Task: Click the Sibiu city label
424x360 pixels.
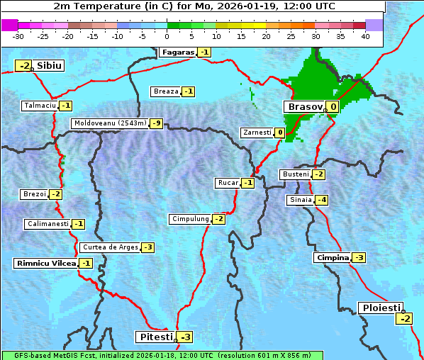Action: (x=50, y=66)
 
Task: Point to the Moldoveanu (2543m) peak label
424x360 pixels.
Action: (x=109, y=123)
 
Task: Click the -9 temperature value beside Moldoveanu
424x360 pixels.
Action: (x=156, y=123)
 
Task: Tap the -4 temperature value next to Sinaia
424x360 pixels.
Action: (x=321, y=200)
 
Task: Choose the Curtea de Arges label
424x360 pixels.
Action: (x=109, y=247)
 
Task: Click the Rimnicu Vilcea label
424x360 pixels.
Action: (x=45, y=263)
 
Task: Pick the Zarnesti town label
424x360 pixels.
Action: (x=257, y=133)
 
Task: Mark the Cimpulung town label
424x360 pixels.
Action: (x=190, y=219)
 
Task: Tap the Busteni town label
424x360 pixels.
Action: (x=295, y=174)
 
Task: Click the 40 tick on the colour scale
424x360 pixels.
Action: (x=365, y=35)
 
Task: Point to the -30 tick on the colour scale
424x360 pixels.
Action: (x=18, y=35)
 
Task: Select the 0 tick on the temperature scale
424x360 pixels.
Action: (x=167, y=35)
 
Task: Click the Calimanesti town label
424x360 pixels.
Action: (x=48, y=224)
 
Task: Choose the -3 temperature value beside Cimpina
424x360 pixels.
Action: (x=359, y=258)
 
